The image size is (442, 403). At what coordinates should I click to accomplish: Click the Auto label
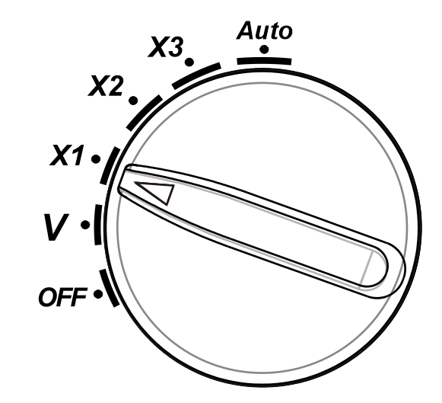coord(265,30)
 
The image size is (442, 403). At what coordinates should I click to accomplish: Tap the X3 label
coord(166,46)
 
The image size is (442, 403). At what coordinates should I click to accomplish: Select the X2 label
coord(106,86)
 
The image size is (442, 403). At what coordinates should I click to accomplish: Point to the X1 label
coord(67,155)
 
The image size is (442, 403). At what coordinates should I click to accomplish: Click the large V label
coord(56,227)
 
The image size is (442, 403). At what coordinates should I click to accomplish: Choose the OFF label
coord(62,297)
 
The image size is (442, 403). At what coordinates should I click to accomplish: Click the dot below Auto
coord(264,50)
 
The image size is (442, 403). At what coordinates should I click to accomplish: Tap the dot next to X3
coord(189,62)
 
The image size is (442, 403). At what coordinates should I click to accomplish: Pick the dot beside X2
coord(133,101)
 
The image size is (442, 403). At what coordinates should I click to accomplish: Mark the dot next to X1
coord(96,159)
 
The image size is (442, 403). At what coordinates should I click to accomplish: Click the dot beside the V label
coord(85,225)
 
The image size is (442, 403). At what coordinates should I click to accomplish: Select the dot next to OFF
coord(98,294)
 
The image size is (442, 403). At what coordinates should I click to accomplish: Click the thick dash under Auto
coord(264,61)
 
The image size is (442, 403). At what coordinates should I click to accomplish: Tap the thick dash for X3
coord(196,75)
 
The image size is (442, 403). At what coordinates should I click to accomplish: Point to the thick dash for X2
coord(144,112)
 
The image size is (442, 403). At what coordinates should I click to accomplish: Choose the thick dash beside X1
coord(110,165)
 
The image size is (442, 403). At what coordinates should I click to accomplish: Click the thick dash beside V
coord(98,225)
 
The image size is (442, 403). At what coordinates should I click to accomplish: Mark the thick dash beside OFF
coord(109,289)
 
